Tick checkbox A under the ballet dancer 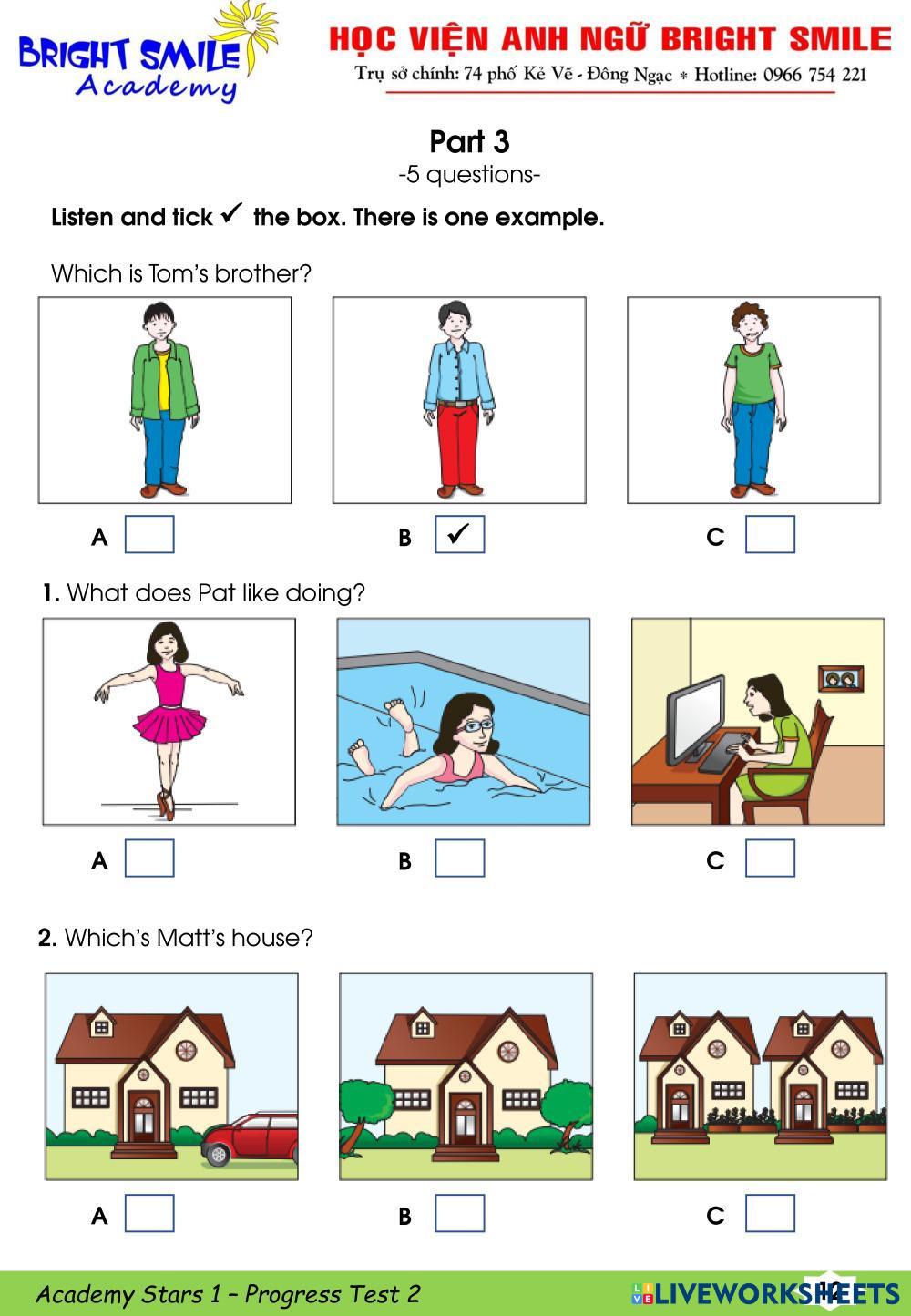click(149, 858)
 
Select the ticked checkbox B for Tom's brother click(459, 534)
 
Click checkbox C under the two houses click(770, 1213)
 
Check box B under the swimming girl click(459, 858)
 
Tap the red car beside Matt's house click(250, 1138)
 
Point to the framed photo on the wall click(841, 679)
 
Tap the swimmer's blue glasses click(475, 726)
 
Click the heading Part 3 click(469, 141)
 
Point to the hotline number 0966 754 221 click(814, 75)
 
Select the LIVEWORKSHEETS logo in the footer click(765, 1293)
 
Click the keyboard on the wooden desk click(722, 751)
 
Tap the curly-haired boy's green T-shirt click(752, 374)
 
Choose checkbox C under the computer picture click(770, 858)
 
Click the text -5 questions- click(469, 175)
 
